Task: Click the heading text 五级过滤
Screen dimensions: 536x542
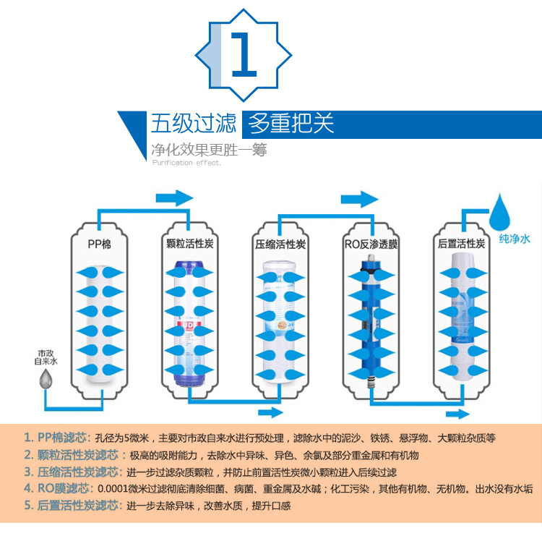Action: pyautogui.click(x=193, y=123)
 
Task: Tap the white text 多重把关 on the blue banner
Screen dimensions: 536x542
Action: pyautogui.click(x=291, y=123)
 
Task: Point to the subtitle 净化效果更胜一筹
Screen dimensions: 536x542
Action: pyautogui.click(x=209, y=150)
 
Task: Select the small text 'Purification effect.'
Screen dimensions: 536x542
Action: pyautogui.click(x=186, y=163)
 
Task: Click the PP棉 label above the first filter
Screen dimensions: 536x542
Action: pyautogui.click(x=100, y=244)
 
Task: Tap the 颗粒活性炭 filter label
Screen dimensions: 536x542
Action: pyautogui.click(x=189, y=244)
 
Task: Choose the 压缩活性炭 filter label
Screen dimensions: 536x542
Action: pyautogui.click(x=280, y=244)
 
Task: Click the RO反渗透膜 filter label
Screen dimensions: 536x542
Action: pyautogui.click(x=371, y=244)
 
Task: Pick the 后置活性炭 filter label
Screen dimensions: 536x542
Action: pyautogui.click(x=461, y=244)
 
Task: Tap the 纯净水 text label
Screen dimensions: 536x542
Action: pyautogui.click(x=515, y=239)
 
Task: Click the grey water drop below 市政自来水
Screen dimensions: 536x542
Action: pyautogui.click(x=46, y=377)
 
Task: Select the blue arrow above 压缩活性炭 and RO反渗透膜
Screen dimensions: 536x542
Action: pyautogui.click(x=359, y=197)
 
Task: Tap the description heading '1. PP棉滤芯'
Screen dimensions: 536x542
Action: pyautogui.click(x=57, y=438)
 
